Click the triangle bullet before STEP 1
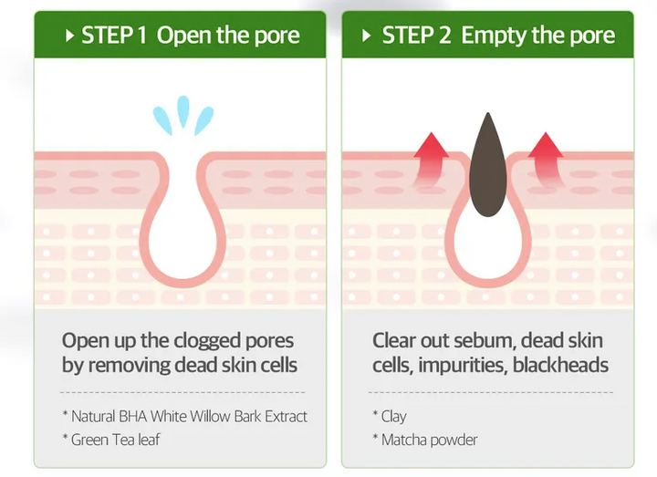pyautogui.click(x=70, y=36)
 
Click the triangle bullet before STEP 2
pyautogui.click(x=366, y=36)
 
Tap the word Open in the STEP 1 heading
pyautogui.click(x=184, y=36)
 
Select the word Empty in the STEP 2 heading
pyautogui.click(x=494, y=36)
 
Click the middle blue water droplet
pyautogui.click(x=183, y=110)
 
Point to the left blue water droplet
pyautogui.click(x=162, y=120)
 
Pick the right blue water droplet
pyautogui.click(x=204, y=120)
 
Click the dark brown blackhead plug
pyautogui.click(x=487, y=164)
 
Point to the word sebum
pyautogui.click(x=485, y=340)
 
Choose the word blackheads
pyautogui.click(x=560, y=365)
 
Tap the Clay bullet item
pyautogui.click(x=390, y=416)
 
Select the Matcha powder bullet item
pyautogui.click(x=425, y=440)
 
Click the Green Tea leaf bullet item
pyautogui.click(x=111, y=440)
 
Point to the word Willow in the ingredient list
pyautogui.click(x=210, y=416)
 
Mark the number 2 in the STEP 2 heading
pyautogui.click(x=445, y=36)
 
